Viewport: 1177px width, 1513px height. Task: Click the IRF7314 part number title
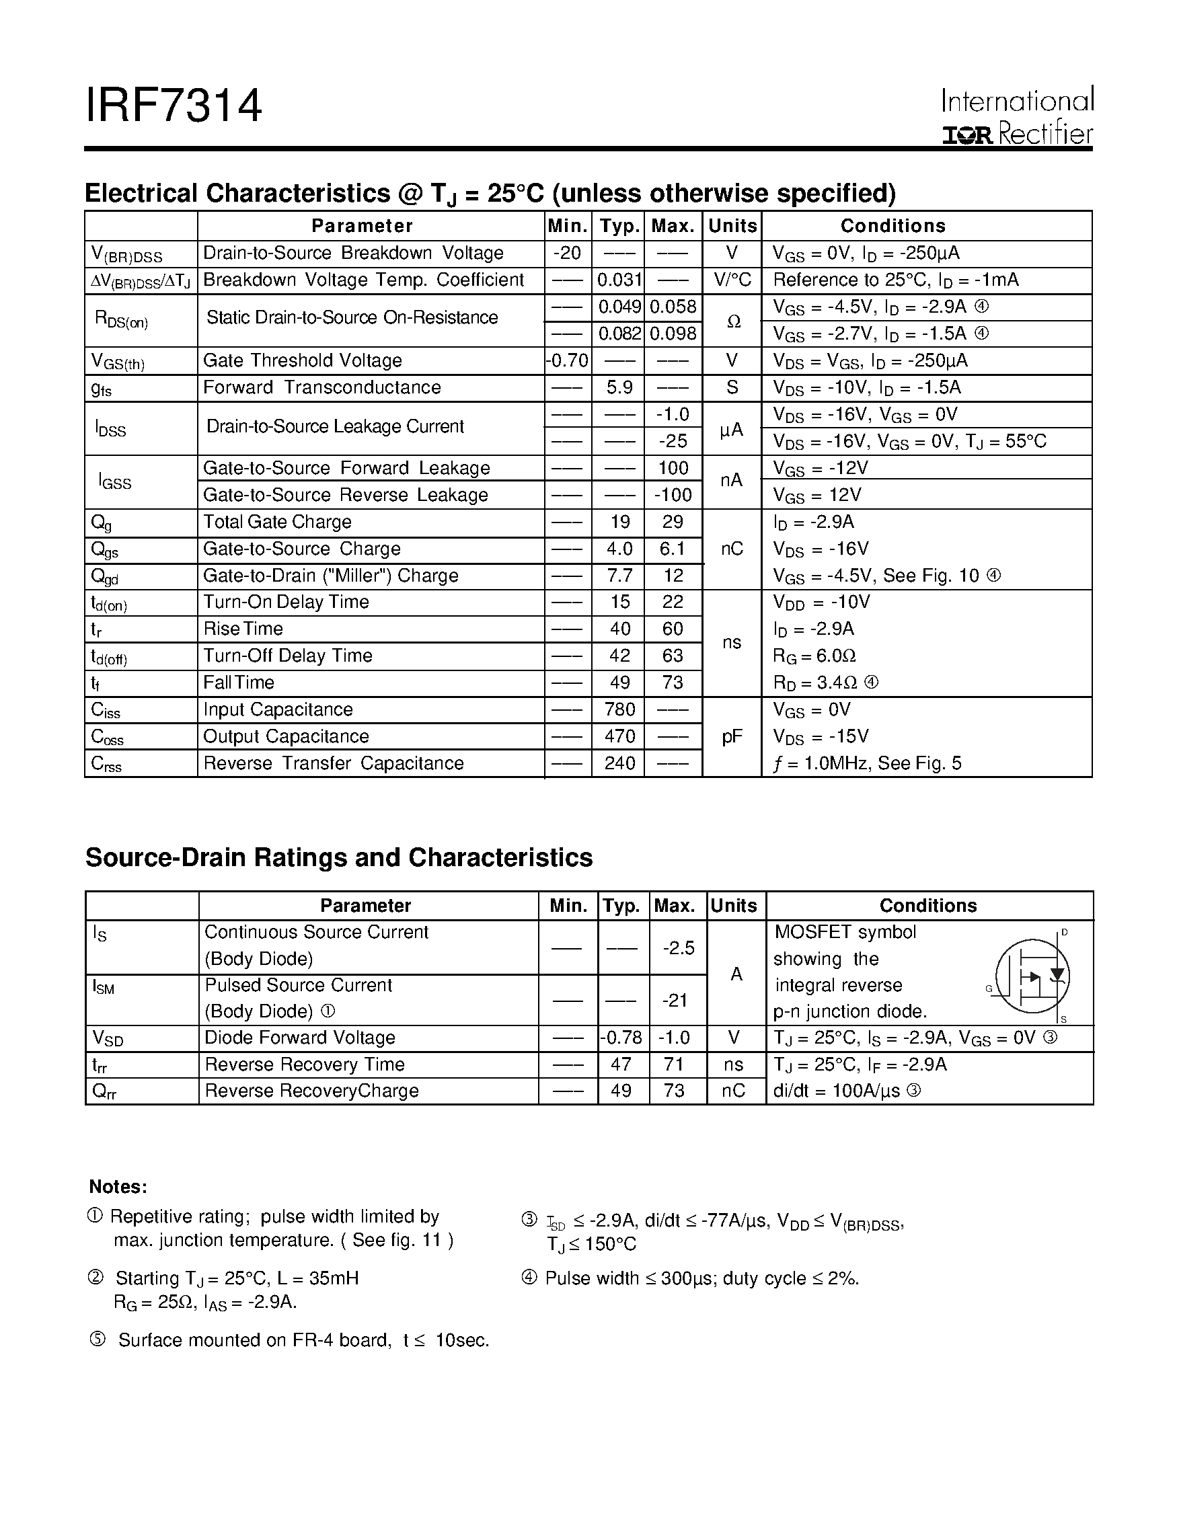coord(174,106)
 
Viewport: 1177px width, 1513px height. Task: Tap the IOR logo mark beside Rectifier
coord(968,136)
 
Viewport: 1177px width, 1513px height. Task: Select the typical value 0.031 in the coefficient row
coord(619,280)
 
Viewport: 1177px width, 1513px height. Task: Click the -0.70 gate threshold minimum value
coord(568,361)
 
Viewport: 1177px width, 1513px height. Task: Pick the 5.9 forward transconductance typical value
coord(619,388)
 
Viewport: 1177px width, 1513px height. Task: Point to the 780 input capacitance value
coord(619,710)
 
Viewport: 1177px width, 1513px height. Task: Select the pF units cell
coord(732,737)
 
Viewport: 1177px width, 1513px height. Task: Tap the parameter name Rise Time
coord(243,629)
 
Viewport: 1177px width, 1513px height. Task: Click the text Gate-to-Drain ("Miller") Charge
coord(330,576)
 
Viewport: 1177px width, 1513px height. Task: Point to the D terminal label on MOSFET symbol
coord(1065,933)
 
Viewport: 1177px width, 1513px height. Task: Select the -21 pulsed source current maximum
coord(675,1001)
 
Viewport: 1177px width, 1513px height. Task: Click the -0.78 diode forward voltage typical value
coord(621,1038)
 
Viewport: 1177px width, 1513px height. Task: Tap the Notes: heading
coord(118,1187)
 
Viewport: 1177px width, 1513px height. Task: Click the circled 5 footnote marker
coord(98,1340)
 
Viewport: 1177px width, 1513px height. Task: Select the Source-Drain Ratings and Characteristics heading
coord(339,857)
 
